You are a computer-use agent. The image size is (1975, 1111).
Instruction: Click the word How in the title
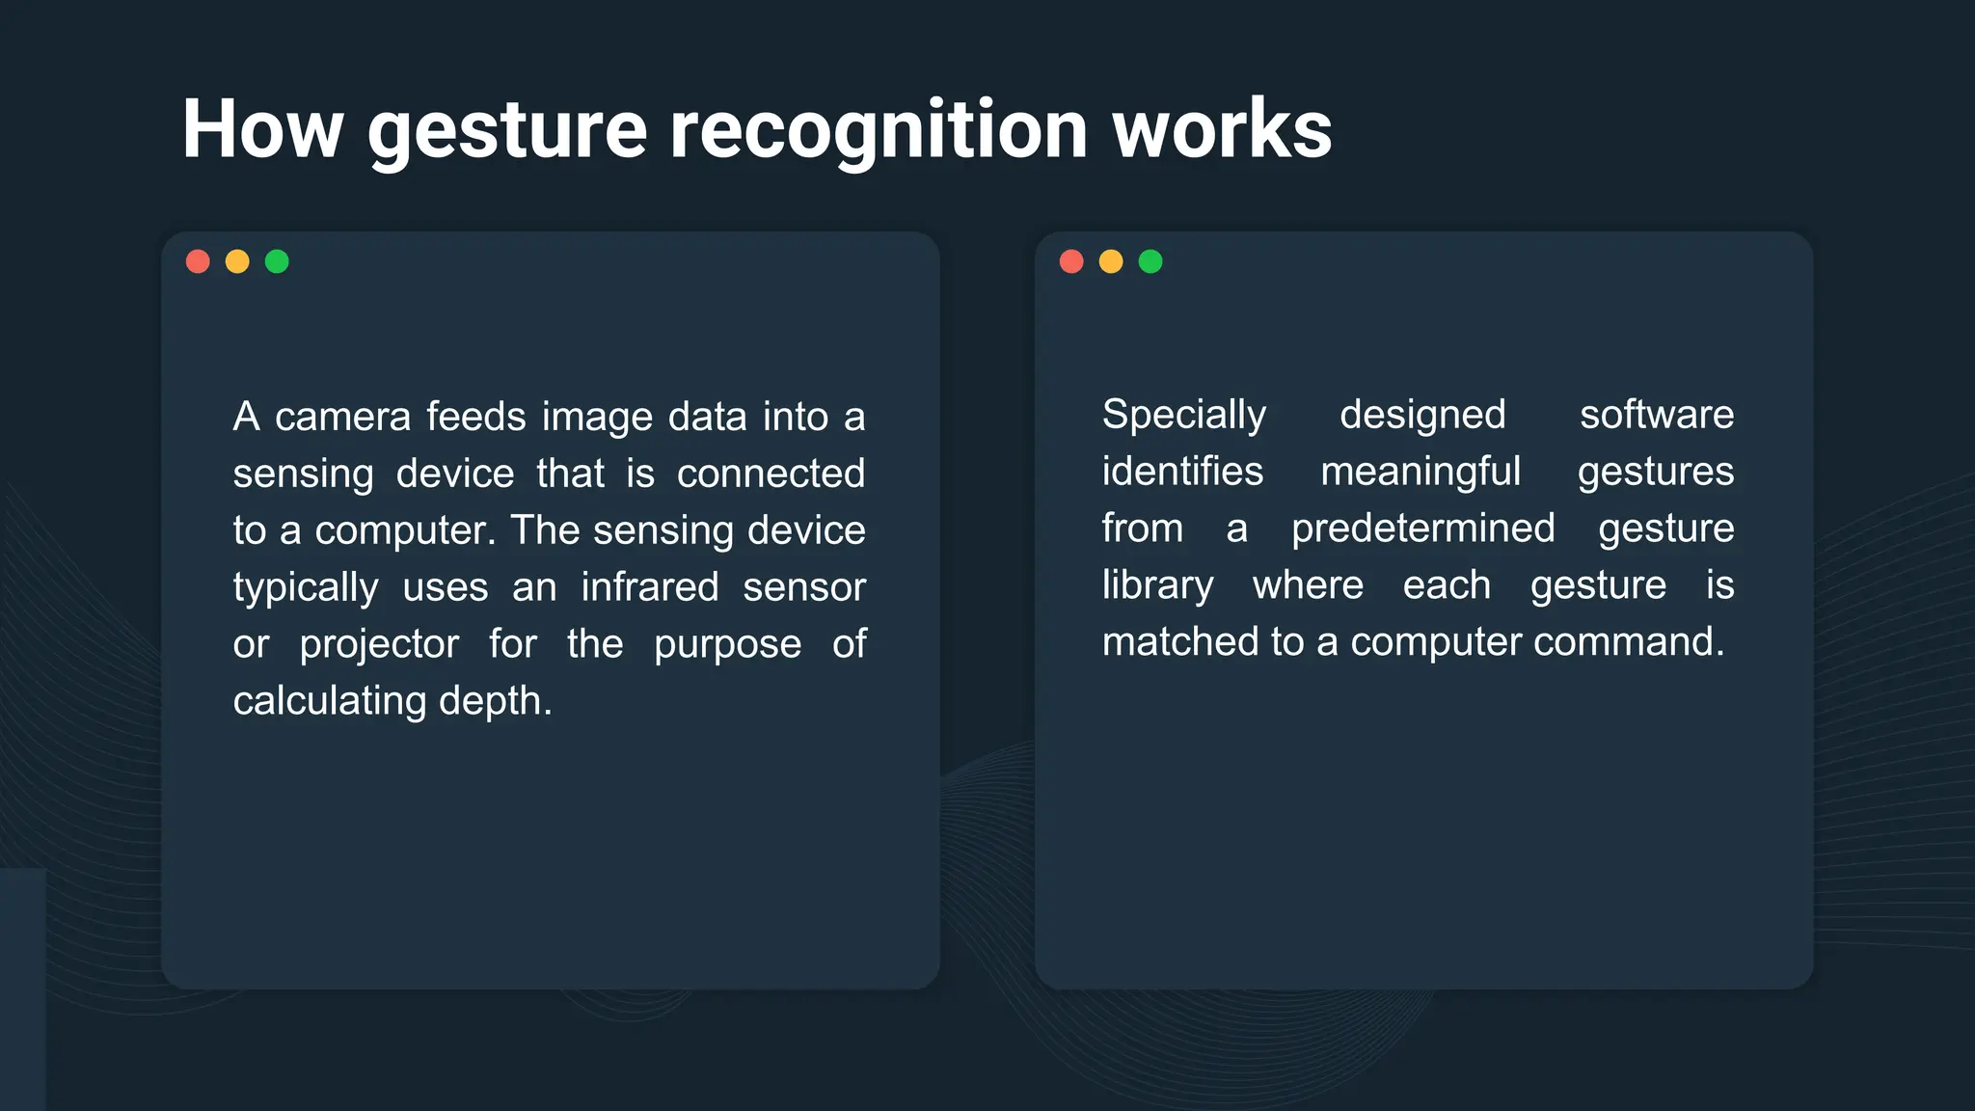262,129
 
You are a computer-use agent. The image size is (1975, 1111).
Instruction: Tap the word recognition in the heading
879,129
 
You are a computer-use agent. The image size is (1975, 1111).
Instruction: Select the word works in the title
1222,129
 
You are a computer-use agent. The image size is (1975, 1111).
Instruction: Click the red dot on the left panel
198,261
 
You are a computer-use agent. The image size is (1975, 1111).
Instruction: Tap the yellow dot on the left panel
237,261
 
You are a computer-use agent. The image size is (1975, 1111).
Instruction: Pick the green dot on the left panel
277,261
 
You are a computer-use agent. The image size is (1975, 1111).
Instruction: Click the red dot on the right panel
1071,261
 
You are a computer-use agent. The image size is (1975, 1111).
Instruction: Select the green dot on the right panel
1150,261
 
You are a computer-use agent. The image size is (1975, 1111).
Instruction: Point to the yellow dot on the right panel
1111,261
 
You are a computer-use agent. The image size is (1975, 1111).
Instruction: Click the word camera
342,418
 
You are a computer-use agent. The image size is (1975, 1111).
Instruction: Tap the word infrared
649,587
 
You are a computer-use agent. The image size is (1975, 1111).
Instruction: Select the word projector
379,645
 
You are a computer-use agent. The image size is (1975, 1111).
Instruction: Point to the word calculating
329,702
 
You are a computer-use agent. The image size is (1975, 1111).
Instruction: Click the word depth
495,702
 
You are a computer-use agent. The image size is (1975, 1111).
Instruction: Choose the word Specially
1183,416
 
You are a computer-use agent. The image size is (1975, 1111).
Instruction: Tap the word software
1656,415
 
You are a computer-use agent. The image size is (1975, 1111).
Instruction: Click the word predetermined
1422,528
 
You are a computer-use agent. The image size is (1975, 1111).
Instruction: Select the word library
1157,585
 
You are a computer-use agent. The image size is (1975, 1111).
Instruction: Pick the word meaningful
1420,473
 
